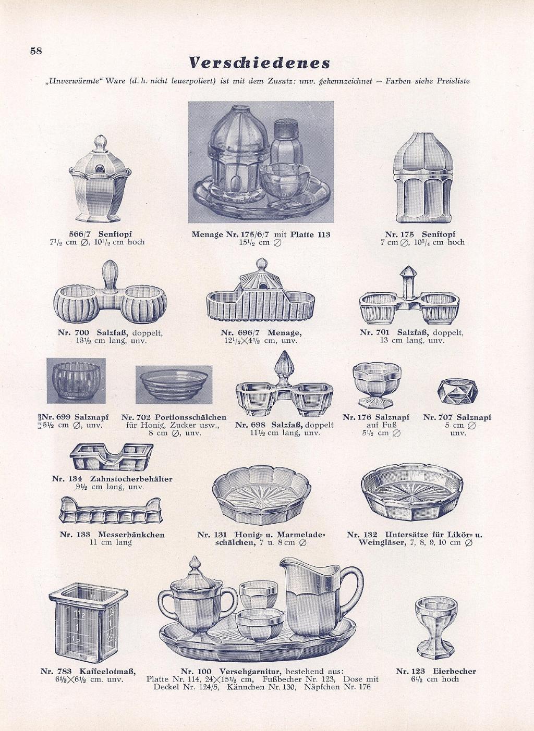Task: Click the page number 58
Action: [x=36, y=51]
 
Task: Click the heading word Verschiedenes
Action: [x=260, y=63]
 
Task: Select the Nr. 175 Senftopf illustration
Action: [x=423, y=178]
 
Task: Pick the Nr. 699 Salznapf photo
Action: [x=76, y=380]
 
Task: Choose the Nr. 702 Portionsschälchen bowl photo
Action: [x=174, y=385]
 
